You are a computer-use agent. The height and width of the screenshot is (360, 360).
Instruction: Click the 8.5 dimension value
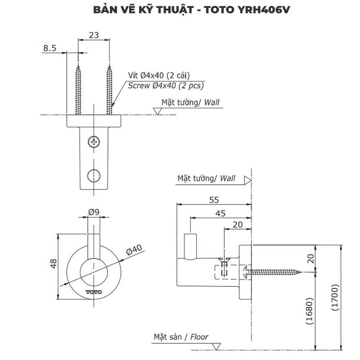click(x=49, y=48)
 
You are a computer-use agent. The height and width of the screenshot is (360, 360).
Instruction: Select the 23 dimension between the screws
click(x=94, y=35)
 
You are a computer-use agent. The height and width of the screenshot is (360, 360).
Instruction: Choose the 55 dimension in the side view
click(x=213, y=200)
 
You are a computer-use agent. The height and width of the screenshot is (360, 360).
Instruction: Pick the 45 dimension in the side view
click(x=220, y=213)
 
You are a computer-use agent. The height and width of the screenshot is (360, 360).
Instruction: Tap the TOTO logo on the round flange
click(x=94, y=292)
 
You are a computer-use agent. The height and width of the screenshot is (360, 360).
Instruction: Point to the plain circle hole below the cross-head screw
click(x=94, y=175)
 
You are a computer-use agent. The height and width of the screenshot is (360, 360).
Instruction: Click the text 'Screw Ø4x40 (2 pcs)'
click(x=166, y=86)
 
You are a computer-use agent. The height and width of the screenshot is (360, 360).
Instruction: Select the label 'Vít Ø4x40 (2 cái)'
click(x=159, y=75)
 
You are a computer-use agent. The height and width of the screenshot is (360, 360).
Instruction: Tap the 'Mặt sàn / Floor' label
click(x=181, y=337)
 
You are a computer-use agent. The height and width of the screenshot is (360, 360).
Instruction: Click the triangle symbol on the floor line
click(x=216, y=346)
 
